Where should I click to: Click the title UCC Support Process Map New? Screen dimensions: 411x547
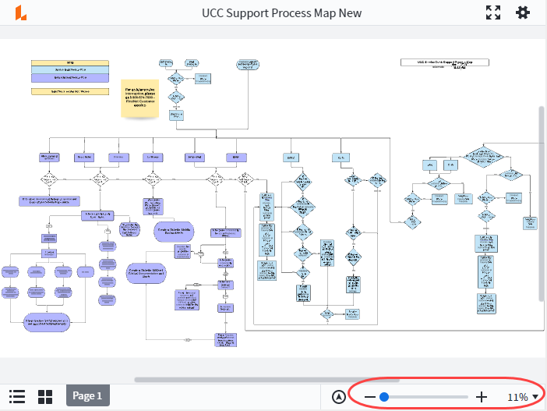coord(281,13)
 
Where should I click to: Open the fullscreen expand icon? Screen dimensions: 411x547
coord(492,13)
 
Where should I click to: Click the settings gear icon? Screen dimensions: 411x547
coord(522,13)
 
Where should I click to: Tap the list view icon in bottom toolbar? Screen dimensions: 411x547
coord(17,396)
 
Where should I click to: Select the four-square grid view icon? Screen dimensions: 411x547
coord(45,396)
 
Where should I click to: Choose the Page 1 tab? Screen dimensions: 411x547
coord(87,396)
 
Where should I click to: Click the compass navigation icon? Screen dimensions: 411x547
coord(338,397)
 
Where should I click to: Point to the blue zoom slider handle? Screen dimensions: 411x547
coord(384,397)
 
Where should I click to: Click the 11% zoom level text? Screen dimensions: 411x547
coord(517,397)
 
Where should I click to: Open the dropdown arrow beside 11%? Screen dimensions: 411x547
coord(535,397)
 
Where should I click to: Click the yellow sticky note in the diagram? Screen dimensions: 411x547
coord(139,97)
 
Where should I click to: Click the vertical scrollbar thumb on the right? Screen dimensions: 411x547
coord(541,203)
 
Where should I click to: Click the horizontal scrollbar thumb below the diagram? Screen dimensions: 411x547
coord(234,380)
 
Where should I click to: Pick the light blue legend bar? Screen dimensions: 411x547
coord(70,70)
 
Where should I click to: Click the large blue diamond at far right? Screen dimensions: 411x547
coord(485,156)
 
